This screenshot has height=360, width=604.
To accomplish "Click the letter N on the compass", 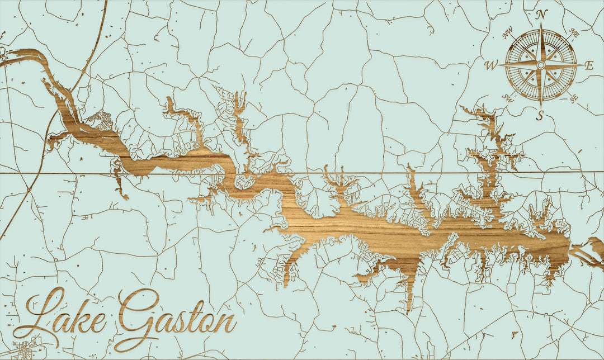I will [541, 15].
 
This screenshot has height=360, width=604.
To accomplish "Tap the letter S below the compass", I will [540, 116].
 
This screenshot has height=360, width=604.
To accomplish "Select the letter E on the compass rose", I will [588, 65].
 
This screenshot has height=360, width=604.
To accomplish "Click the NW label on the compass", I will [508, 35].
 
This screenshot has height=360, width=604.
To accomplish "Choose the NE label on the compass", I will [574, 34].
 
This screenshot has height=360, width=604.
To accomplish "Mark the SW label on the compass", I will [508, 98].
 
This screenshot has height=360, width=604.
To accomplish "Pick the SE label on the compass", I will [574, 98].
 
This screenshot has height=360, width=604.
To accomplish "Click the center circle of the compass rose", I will [541, 65].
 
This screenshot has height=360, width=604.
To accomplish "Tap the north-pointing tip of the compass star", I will [541, 27].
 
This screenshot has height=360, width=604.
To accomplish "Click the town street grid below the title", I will [25, 349].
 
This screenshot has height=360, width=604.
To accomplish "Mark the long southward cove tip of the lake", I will [409, 307].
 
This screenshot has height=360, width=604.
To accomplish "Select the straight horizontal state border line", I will [391, 173].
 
